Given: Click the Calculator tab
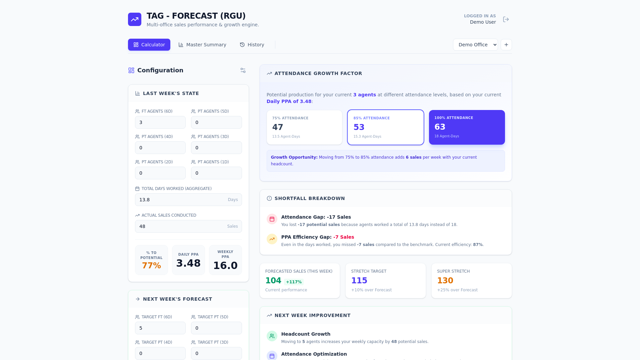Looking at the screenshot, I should pyautogui.click(x=149, y=45).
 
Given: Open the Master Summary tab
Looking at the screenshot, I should pyautogui.click(x=202, y=45).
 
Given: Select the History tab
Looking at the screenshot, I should pyautogui.click(x=252, y=45).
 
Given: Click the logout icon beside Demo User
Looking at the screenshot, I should pyautogui.click(x=506, y=19).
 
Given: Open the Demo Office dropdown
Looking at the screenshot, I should pyautogui.click(x=475, y=45).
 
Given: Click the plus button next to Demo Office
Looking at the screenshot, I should pyautogui.click(x=506, y=45).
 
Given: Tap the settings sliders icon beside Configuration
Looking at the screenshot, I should pyautogui.click(x=243, y=70).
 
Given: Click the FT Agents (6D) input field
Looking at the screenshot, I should pyautogui.click(x=160, y=122).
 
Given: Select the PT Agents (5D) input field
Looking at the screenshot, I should pyautogui.click(x=216, y=122).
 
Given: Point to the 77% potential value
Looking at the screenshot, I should pyautogui.click(x=151, y=266).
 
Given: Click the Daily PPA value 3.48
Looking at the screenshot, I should pyautogui.click(x=188, y=263).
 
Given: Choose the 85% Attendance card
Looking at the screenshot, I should pyautogui.click(x=386, y=127).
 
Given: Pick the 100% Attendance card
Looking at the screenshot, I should pyautogui.click(x=467, y=127).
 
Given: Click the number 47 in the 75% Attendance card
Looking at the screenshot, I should pyautogui.click(x=278, y=127).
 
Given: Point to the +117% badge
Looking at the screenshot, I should pyautogui.click(x=294, y=282).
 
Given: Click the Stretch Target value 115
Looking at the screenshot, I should pyautogui.click(x=359, y=281).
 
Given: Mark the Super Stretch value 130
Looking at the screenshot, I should pyautogui.click(x=445, y=281).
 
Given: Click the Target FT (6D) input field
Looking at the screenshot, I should pyautogui.click(x=160, y=328).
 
